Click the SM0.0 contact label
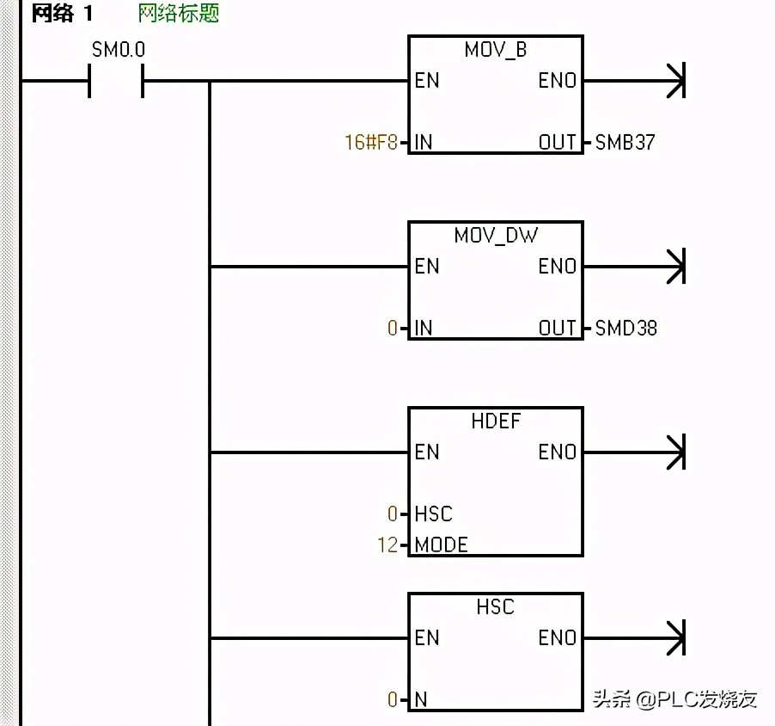click(119, 50)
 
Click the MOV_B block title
click(496, 50)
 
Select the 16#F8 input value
click(371, 142)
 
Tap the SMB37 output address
click(625, 142)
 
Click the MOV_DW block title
click(496, 236)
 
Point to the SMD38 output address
click(626, 328)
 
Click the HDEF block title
click(496, 421)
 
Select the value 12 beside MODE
click(387, 544)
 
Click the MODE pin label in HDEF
click(441, 544)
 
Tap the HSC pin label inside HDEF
click(433, 514)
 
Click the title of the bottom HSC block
click(496, 607)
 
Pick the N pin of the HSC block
click(421, 699)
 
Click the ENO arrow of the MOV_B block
click(674, 81)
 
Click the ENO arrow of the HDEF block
click(674, 452)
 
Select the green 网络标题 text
click(178, 15)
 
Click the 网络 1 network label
click(62, 15)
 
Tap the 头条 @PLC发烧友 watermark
click(674, 698)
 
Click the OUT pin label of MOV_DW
click(557, 328)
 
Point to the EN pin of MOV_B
click(426, 81)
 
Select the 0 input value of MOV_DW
click(393, 328)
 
